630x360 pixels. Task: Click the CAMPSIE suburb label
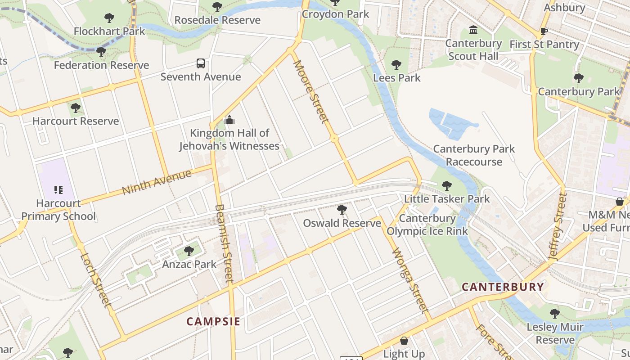pyautogui.click(x=213, y=321)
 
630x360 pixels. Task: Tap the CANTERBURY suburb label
pyautogui.click(x=503, y=287)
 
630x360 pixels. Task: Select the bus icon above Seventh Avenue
pyautogui.click(x=201, y=63)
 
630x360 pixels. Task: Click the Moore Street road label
pyautogui.click(x=310, y=92)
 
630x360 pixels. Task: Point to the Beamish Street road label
pyautogui.click(x=224, y=243)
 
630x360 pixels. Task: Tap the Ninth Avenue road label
pyautogui.click(x=157, y=182)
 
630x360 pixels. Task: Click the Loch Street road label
pyautogui.click(x=95, y=280)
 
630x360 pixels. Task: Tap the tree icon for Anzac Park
pyautogui.click(x=189, y=251)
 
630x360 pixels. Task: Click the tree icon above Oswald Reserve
pyautogui.click(x=342, y=210)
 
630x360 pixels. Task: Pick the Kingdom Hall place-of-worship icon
pyautogui.click(x=229, y=120)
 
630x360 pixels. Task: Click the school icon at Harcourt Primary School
pyautogui.click(x=58, y=190)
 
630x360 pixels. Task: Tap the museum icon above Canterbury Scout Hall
pyautogui.click(x=473, y=30)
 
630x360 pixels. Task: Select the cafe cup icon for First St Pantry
pyautogui.click(x=544, y=31)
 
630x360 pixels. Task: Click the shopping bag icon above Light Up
pyautogui.click(x=404, y=341)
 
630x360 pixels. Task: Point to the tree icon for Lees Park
pyautogui.click(x=396, y=65)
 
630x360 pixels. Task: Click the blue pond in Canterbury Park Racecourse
pyautogui.click(x=450, y=122)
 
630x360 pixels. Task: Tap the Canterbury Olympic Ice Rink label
pyautogui.click(x=427, y=225)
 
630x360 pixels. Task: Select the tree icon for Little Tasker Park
pyautogui.click(x=446, y=185)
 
